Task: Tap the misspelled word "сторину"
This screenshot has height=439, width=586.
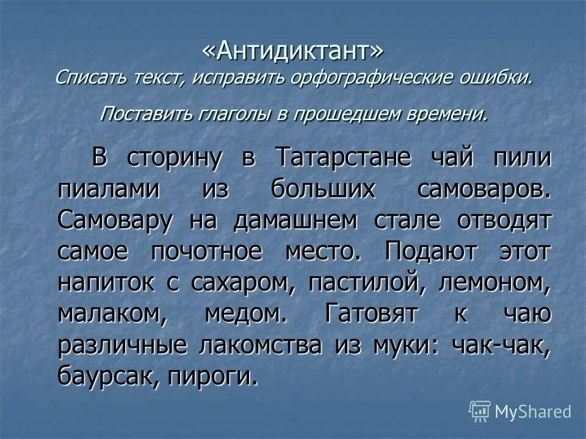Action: tap(174, 157)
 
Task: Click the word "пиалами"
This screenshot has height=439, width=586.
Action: tap(110, 189)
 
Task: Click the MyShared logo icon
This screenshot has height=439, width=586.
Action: tap(480, 411)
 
